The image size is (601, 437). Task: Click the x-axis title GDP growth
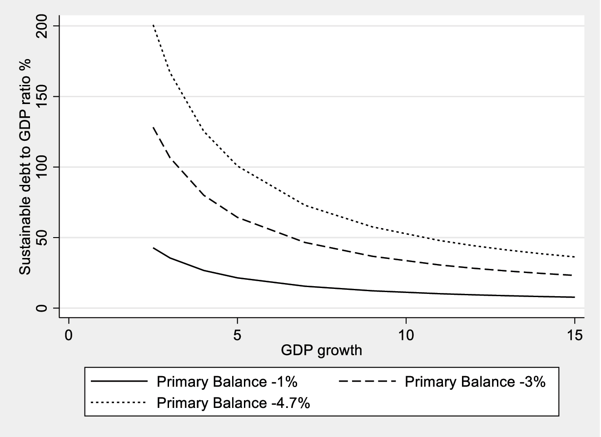coord(321,350)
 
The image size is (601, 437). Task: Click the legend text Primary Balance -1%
coord(227,382)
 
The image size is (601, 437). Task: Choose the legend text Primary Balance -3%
coord(475,382)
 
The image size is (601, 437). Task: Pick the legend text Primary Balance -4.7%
coord(233,403)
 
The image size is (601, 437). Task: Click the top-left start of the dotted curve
coord(153,25)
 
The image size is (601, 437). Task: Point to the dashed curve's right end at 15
coord(574,275)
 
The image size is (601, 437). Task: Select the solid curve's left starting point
coord(154,248)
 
